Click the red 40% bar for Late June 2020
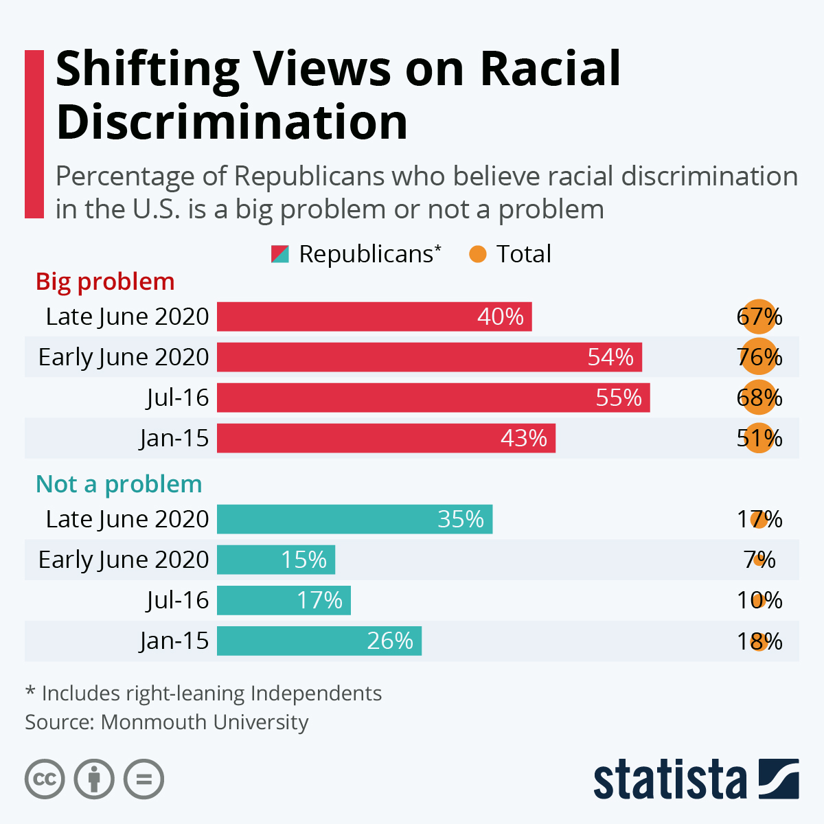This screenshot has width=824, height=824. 374,317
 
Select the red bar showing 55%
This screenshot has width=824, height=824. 433,398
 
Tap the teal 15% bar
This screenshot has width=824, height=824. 276,560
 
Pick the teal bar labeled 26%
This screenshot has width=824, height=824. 319,641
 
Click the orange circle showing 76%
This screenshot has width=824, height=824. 759,357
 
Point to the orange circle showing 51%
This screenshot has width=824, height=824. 759,438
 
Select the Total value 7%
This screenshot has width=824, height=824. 760,560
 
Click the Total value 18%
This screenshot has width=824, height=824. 759,641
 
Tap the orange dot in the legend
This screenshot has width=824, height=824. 477,255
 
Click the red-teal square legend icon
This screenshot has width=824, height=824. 280,254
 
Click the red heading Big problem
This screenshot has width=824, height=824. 105,282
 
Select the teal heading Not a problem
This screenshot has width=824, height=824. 119,484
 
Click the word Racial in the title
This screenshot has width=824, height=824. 550,69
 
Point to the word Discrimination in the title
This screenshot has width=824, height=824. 232,122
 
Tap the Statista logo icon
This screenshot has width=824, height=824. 779,779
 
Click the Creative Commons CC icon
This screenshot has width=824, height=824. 45,779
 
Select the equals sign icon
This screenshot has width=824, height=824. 144,779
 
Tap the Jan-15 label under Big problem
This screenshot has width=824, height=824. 174,438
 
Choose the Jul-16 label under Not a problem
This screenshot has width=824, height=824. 177,600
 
